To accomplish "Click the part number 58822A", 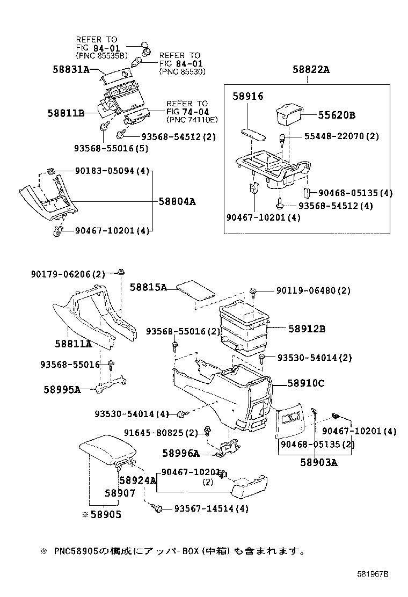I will click(x=311, y=69).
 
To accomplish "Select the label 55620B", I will click(x=337, y=115).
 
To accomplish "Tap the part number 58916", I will click(x=248, y=96).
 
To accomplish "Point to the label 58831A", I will click(x=71, y=69).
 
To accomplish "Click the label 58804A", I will click(x=177, y=202).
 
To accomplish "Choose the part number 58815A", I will click(x=148, y=287).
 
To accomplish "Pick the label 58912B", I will click(x=307, y=329).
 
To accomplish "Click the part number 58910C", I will click(x=306, y=383).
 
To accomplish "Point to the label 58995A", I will click(x=62, y=389).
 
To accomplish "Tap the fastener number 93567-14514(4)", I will click(x=211, y=508).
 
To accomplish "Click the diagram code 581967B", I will click(x=373, y=574).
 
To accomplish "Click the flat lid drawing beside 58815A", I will click(x=196, y=290).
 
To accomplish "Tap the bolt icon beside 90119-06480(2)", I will click(x=253, y=291).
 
